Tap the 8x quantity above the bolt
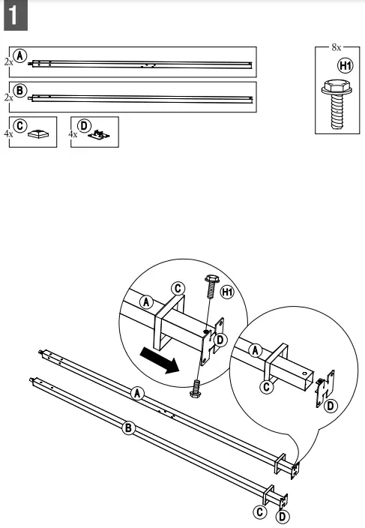(x=336, y=47)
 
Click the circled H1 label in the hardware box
(x=345, y=67)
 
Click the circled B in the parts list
(x=22, y=89)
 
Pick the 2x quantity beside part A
(x=8, y=63)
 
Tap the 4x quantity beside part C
(x=8, y=134)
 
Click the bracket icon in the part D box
(x=98, y=136)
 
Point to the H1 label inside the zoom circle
(x=227, y=291)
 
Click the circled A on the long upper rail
(x=136, y=392)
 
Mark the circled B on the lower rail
(x=128, y=428)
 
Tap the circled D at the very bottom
(x=283, y=517)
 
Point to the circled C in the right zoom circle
(x=267, y=387)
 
